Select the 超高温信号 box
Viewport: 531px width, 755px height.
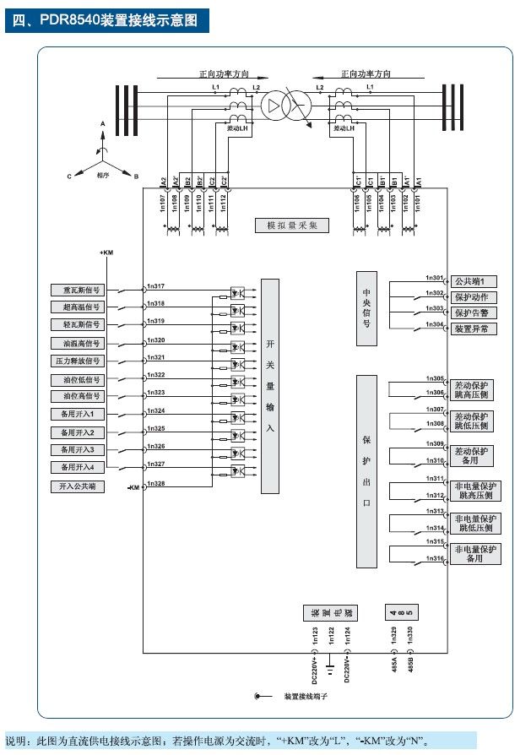coord(81,307)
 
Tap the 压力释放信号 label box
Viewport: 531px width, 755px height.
coord(81,361)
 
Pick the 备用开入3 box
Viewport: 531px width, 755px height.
coord(81,449)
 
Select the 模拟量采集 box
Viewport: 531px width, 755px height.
coord(292,225)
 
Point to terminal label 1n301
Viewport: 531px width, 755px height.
coord(435,277)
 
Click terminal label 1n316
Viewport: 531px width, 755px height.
coord(435,559)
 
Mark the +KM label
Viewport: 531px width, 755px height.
coord(106,253)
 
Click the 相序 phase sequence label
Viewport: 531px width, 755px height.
coord(103,175)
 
